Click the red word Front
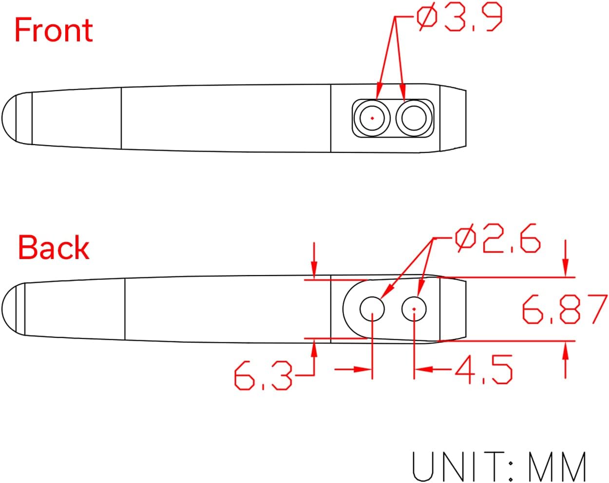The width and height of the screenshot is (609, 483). (x=54, y=30)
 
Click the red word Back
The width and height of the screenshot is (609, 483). (x=54, y=248)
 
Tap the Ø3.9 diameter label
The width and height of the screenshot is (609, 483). (x=459, y=19)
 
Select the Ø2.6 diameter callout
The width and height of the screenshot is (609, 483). (x=497, y=239)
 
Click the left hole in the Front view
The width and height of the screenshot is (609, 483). (x=372, y=118)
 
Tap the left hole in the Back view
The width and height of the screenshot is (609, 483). (x=372, y=309)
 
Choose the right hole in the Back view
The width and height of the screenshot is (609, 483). (x=414, y=309)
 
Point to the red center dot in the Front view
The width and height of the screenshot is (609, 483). (x=372, y=118)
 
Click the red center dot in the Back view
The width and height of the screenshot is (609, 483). (x=414, y=309)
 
